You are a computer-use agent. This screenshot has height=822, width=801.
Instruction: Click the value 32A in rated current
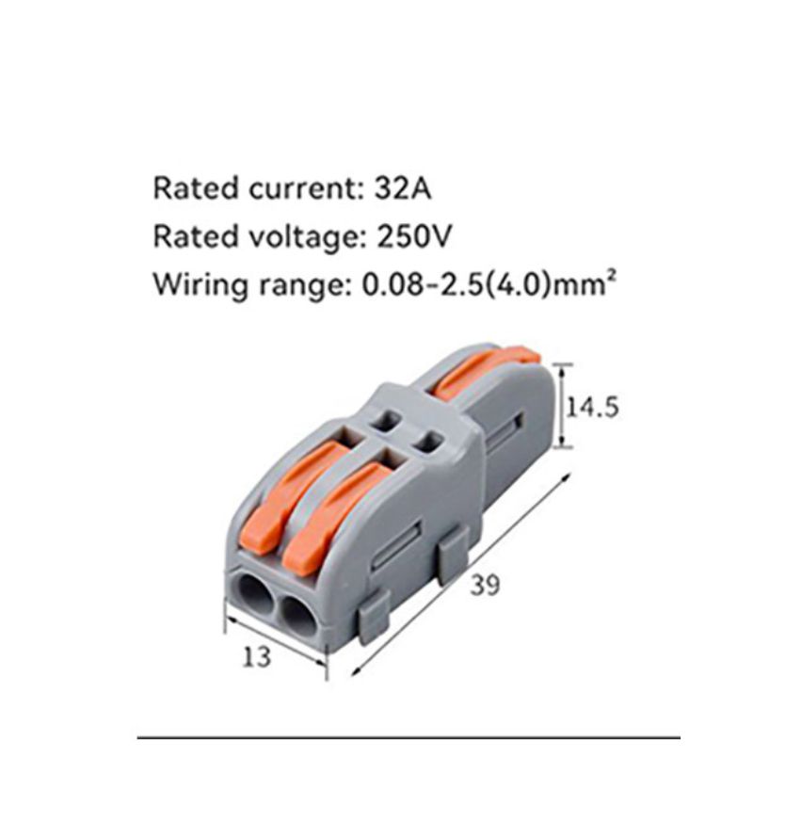[x=402, y=188]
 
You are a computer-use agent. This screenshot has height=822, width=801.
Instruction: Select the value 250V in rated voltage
[x=414, y=236]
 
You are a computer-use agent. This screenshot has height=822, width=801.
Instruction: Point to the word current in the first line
[x=306, y=188]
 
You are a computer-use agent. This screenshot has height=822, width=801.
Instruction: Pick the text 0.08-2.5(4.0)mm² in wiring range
[x=489, y=284]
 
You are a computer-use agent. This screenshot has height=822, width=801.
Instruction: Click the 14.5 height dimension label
[x=593, y=408]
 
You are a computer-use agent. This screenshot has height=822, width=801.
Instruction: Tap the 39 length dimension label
[x=485, y=585]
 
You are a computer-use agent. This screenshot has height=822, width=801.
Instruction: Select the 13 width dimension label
[x=256, y=656]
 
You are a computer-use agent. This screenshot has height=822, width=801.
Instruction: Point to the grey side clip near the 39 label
[x=453, y=553]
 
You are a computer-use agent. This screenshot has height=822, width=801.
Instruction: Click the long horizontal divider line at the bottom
[x=409, y=737]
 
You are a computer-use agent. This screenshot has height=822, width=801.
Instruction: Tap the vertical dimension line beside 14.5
[x=563, y=406]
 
